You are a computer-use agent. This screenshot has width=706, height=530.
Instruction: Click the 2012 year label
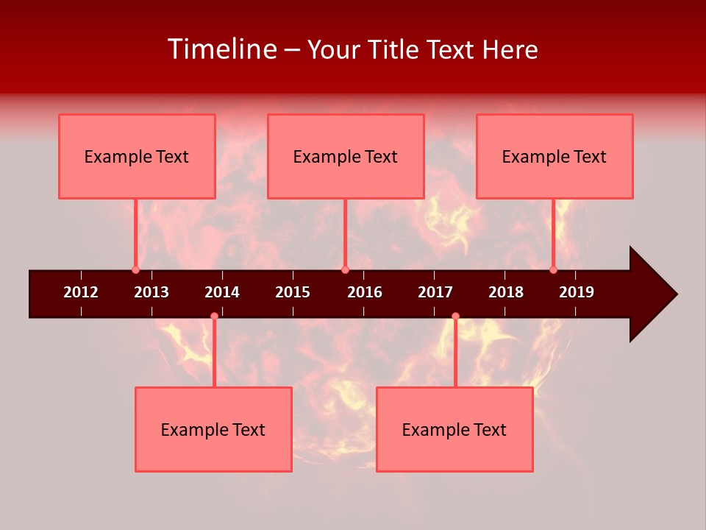81,292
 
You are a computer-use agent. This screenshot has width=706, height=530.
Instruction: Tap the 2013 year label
151,292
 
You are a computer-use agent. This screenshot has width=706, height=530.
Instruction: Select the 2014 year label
222,292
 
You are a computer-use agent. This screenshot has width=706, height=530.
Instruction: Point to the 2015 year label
293,292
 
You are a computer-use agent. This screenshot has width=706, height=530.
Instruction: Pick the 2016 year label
365,292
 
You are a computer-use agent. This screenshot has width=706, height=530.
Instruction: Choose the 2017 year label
435,292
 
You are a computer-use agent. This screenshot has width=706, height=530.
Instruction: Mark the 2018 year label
506,292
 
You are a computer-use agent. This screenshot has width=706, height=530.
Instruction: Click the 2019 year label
577,292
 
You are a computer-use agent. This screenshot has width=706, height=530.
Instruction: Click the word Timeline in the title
222,49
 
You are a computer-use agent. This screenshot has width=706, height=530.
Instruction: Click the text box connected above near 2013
137,156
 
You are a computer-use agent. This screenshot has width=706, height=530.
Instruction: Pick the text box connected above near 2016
346,156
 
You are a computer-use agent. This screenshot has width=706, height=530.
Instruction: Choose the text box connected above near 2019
555,156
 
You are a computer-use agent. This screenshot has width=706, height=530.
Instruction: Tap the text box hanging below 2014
213,429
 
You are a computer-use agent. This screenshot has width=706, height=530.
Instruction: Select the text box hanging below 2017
454,429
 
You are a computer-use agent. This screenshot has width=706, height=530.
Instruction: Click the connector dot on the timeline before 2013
135,269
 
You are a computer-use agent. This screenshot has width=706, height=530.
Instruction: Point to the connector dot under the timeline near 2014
214,316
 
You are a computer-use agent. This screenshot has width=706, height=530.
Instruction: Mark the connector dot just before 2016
345,269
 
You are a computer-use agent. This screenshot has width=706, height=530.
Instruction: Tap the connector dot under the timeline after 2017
455,316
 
